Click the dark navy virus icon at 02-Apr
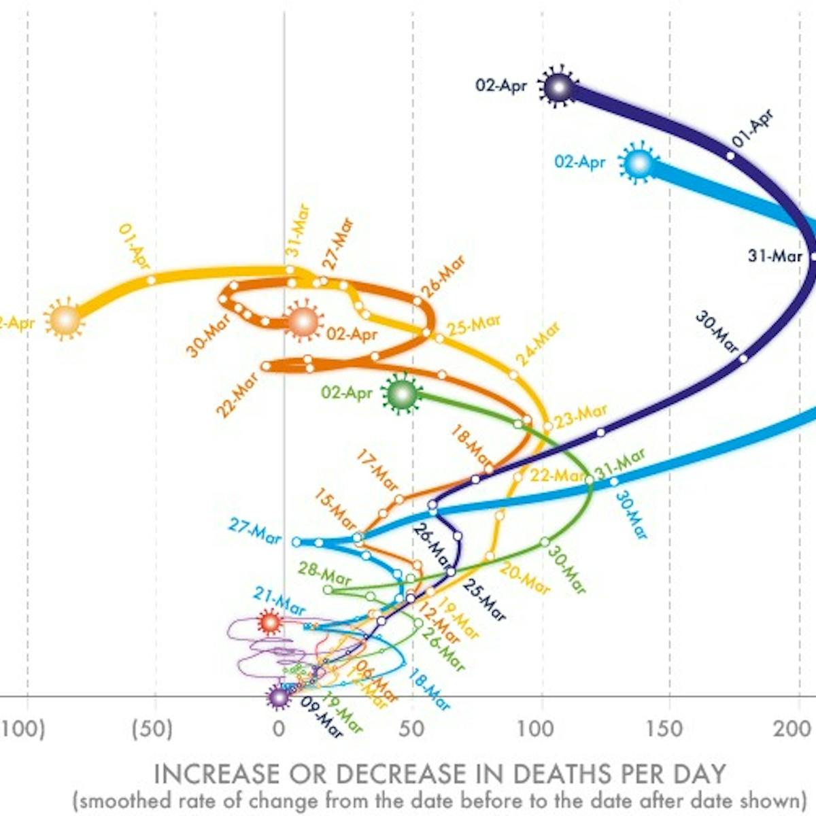(x=558, y=88)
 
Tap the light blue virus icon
(x=639, y=164)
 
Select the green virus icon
(x=402, y=393)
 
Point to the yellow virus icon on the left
(x=65, y=319)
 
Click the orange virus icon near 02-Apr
(x=303, y=322)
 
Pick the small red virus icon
(x=270, y=622)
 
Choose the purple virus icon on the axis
(x=279, y=696)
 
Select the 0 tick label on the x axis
(x=279, y=729)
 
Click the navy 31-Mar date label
(x=756, y=257)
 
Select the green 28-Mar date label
(x=325, y=573)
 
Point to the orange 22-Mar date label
(x=237, y=395)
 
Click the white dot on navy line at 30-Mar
(x=744, y=358)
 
